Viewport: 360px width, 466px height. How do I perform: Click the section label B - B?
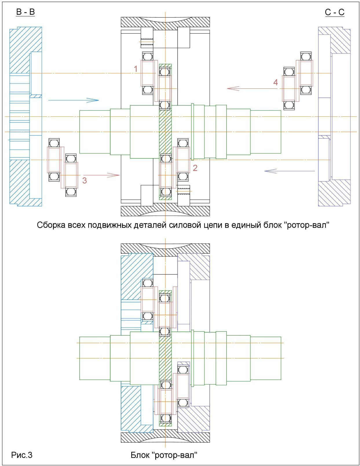click(x=25, y=12)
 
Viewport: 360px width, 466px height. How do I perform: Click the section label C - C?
click(x=335, y=12)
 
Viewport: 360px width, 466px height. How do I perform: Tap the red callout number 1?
click(x=136, y=69)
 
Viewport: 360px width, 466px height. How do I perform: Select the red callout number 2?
click(x=195, y=168)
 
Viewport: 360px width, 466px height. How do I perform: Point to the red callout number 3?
click(x=85, y=180)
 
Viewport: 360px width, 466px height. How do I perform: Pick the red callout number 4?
click(x=275, y=82)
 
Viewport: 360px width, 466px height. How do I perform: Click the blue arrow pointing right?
click(x=74, y=100)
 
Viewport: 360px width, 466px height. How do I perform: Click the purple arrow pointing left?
click(x=290, y=171)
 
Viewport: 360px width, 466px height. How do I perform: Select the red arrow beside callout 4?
click(x=252, y=88)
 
